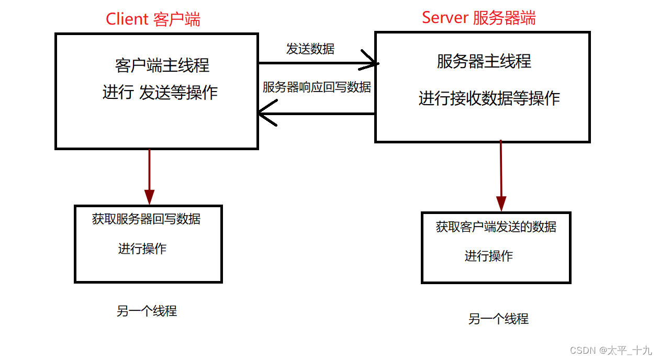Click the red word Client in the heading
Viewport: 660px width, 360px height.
point(127,19)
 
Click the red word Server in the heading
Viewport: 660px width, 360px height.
point(445,17)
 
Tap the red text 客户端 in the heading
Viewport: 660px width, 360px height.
point(177,19)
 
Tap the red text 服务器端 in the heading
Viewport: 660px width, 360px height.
point(504,17)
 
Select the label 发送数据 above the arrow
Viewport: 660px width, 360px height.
point(310,49)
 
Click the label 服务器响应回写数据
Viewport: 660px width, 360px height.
point(317,87)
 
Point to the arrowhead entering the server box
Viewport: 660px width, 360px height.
point(373,63)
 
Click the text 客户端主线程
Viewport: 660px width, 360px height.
point(162,65)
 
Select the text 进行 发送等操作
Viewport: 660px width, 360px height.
point(160,93)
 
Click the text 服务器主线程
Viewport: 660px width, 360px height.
point(484,61)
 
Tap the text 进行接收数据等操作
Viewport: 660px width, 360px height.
point(489,98)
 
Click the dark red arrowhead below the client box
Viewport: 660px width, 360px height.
point(150,197)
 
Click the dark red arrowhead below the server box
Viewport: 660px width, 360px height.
point(501,203)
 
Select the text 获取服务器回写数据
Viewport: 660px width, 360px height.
point(146,219)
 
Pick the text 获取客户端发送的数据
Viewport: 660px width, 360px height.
point(496,227)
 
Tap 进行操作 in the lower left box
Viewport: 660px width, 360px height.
point(142,249)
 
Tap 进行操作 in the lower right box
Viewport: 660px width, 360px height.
point(488,256)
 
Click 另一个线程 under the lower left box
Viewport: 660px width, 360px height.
point(147,311)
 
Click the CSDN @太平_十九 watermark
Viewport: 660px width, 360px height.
point(611,350)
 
